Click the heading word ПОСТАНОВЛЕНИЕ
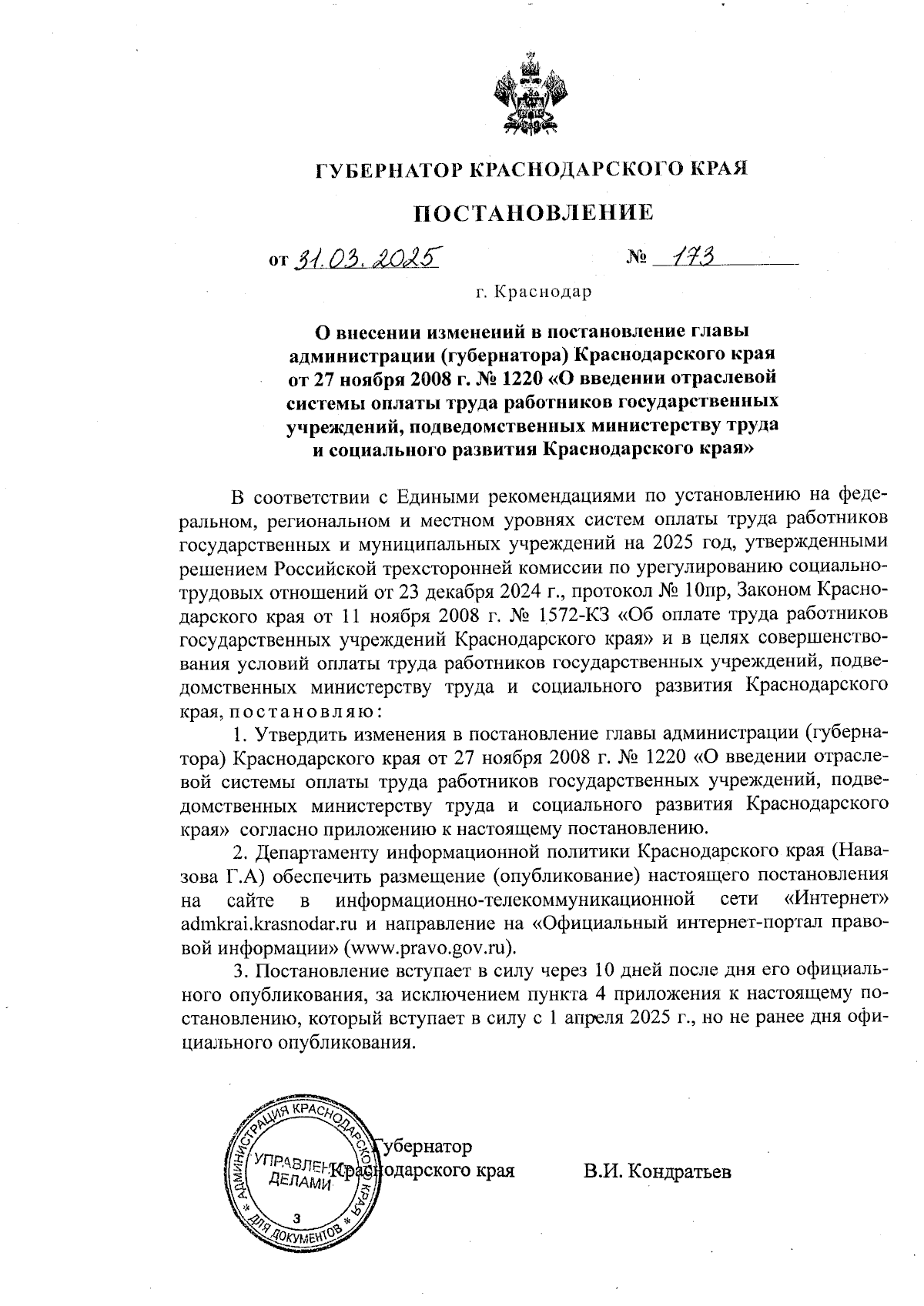[534, 212]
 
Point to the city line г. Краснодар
[534, 292]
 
